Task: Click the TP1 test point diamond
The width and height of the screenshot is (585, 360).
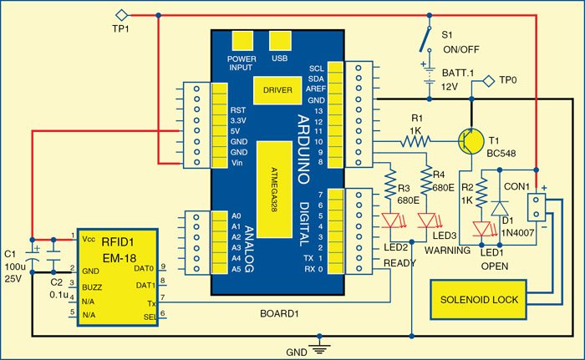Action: (121, 14)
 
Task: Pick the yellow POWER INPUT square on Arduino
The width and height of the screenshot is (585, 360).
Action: (242, 42)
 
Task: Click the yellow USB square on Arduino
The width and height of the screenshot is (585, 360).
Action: (279, 42)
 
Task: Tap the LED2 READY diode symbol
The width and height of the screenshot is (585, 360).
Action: (391, 221)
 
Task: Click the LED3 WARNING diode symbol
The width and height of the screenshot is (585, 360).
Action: (427, 221)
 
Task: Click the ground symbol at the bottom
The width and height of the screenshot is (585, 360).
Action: (318, 343)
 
